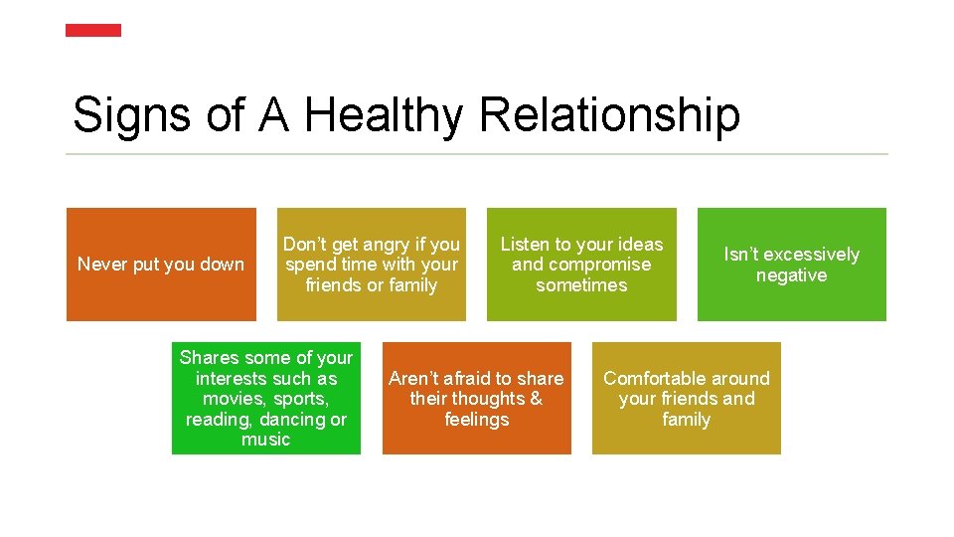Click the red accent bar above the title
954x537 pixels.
(x=93, y=31)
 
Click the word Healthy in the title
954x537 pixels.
(x=383, y=115)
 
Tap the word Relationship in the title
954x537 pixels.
(x=609, y=115)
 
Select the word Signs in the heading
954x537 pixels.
(x=132, y=115)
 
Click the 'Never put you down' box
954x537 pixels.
(x=161, y=265)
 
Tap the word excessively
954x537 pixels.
(x=809, y=255)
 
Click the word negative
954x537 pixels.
(x=791, y=275)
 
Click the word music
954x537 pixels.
(x=265, y=440)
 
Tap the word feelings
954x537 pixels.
(x=476, y=420)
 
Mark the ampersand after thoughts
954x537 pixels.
(x=536, y=399)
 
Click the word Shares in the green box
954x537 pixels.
(x=210, y=358)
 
